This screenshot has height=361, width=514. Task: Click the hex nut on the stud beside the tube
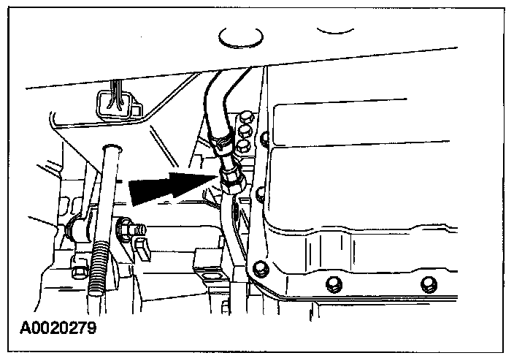[x=126, y=229]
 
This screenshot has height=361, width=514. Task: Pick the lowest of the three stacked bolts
[x=246, y=145]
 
